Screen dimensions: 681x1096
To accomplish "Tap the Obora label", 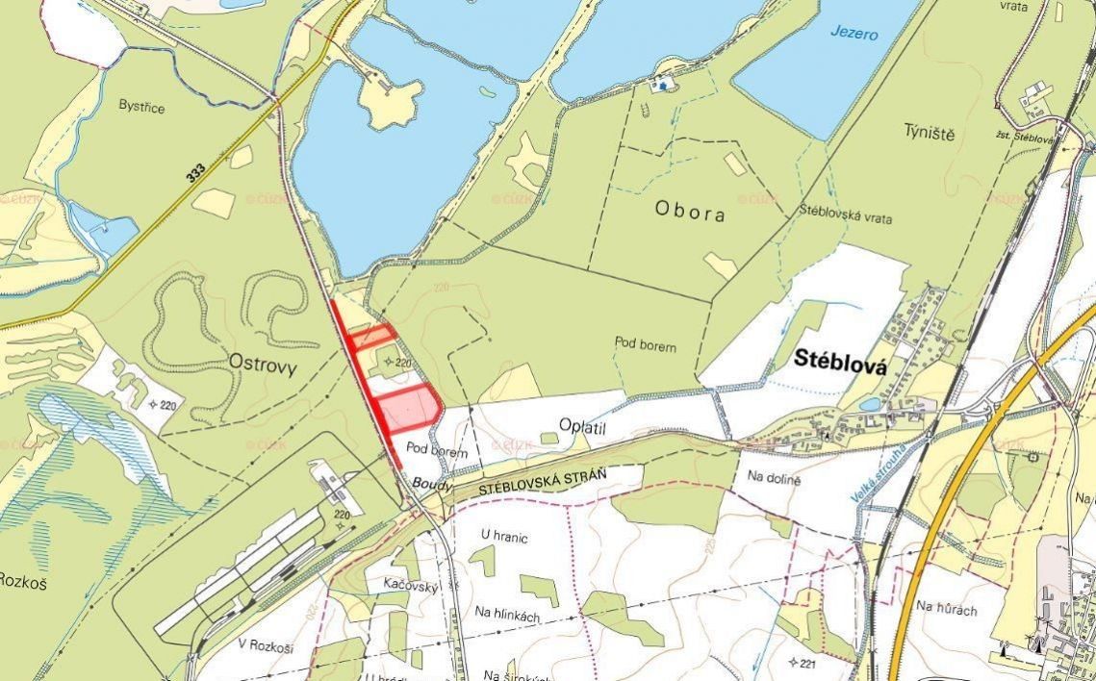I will pos(689,213).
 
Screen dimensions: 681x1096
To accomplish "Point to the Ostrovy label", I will pos(262,363).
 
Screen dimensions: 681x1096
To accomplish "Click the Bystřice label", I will pos(141,107).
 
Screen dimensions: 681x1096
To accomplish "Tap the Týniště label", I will pos(929,133).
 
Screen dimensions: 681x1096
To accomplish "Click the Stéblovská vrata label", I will pos(846,217).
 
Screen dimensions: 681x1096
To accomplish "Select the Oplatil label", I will pos(586,424).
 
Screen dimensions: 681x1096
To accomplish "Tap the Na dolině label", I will pos(775,477).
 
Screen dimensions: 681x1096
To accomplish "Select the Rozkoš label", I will pos(22,580).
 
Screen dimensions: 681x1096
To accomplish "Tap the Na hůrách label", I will pos(946,607).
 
